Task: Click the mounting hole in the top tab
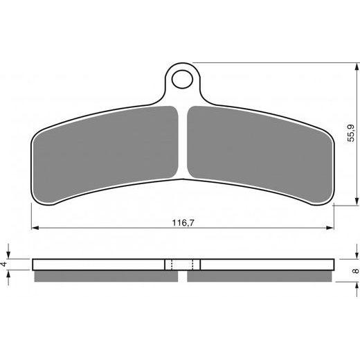pyautogui.click(x=183, y=78)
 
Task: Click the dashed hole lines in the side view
pyautogui.click(x=183, y=264)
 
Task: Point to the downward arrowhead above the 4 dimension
pyautogui.click(x=9, y=255)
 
